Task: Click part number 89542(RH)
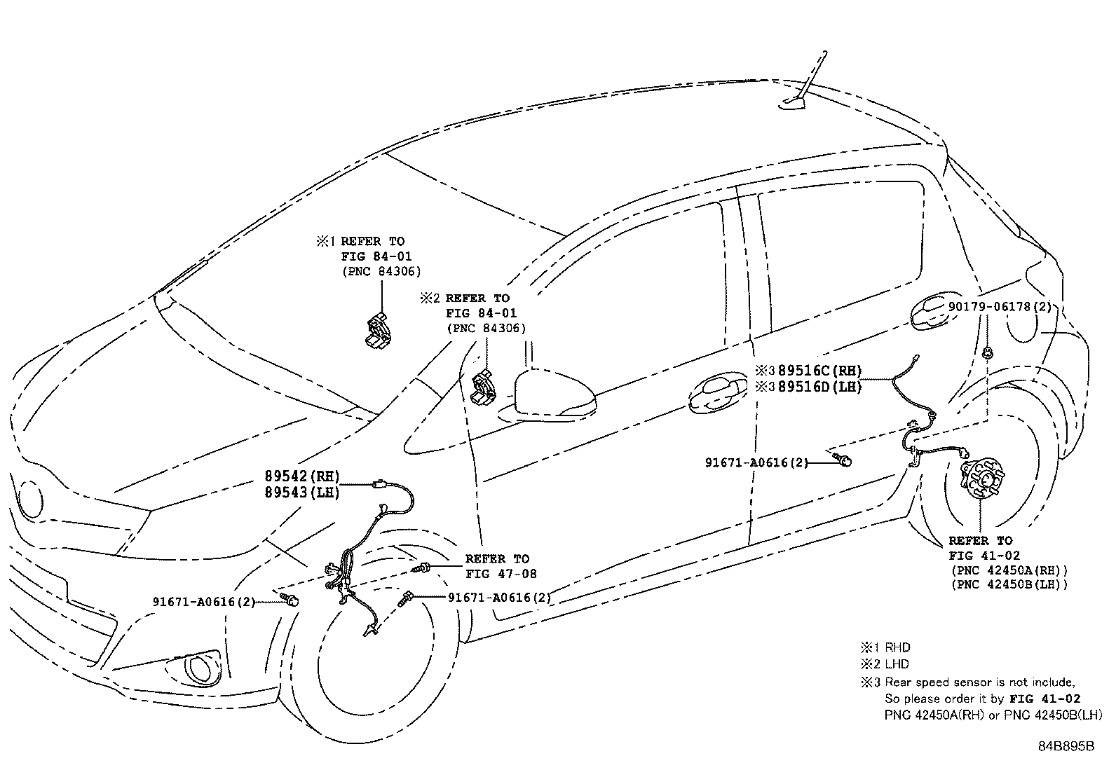[301, 476]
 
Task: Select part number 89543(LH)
[301, 493]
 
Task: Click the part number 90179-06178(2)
[1000, 306]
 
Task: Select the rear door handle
[932, 312]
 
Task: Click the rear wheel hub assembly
[979, 481]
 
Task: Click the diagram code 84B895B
[1066, 745]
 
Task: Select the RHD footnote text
[897, 647]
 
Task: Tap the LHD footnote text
[897, 664]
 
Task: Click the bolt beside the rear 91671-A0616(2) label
[845, 460]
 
